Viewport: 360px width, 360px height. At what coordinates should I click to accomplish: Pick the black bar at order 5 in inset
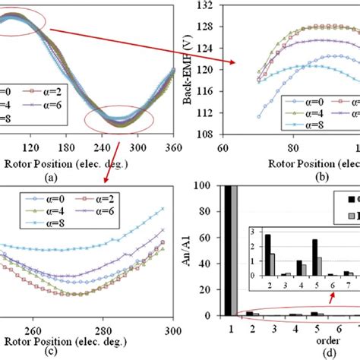point(314,257)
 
